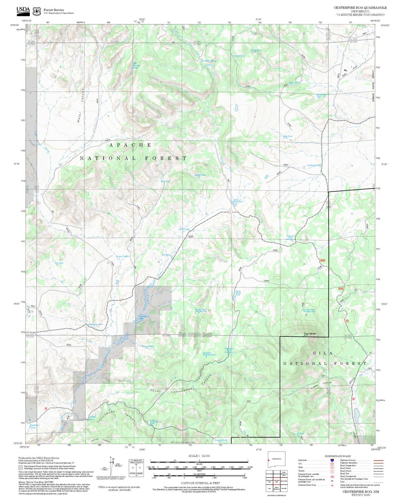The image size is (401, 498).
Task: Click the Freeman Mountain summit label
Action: click(x=310, y=334)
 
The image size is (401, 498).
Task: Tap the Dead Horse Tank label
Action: click(x=238, y=293)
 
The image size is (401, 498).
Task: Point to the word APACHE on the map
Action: click(x=130, y=145)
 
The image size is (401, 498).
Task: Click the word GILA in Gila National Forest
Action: click(x=323, y=353)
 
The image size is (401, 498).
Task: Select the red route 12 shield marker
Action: click(x=230, y=212)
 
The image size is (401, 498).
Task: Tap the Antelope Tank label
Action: click(x=313, y=165)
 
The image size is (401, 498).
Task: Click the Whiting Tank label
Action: click(x=148, y=346)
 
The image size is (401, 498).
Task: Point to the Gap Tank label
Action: click(x=59, y=263)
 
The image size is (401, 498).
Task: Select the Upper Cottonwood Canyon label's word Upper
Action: click(x=155, y=391)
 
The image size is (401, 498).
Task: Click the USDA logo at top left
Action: click(x=23, y=10)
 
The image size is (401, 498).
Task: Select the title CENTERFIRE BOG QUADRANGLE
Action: click(x=360, y=8)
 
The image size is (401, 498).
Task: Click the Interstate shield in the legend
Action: click(x=332, y=460)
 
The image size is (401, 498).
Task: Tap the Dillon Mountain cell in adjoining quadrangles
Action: click(x=277, y=488)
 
